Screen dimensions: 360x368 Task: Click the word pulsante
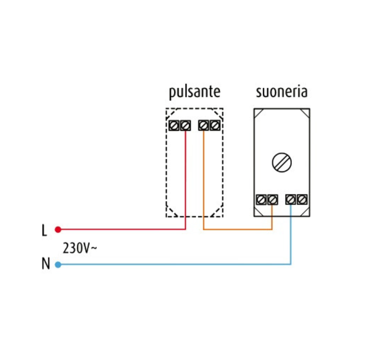[x=195, y=92]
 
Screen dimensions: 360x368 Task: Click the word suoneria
[x=281, y=92]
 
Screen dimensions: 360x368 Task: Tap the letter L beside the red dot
[x=44, y=230]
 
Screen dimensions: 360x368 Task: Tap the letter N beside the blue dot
[x=45, y=264]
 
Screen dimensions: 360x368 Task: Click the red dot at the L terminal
[x=58, y=230]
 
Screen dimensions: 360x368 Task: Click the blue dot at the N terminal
[x=58, y=264]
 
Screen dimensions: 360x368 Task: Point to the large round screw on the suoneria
[x=282, y=162]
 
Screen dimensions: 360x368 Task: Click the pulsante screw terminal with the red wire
[x=185, y=126]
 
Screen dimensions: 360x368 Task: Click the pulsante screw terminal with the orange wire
[x=203, y=126]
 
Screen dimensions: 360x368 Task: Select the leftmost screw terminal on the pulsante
[x=175, y=126]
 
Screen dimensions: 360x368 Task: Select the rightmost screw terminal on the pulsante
[x=214, y=126]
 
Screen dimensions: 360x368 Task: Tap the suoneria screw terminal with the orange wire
[x=272, y=199]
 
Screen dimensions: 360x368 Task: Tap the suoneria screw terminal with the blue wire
[x=291, y=199]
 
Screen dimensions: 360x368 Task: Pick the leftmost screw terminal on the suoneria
[x=261, y=199]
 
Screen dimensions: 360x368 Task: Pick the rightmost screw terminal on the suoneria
[x=301, y=199]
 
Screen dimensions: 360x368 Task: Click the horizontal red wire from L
[x=121, y=230]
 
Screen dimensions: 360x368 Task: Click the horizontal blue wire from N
[x=173, y=264]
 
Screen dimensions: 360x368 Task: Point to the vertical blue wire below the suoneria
[x=291, y=236]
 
